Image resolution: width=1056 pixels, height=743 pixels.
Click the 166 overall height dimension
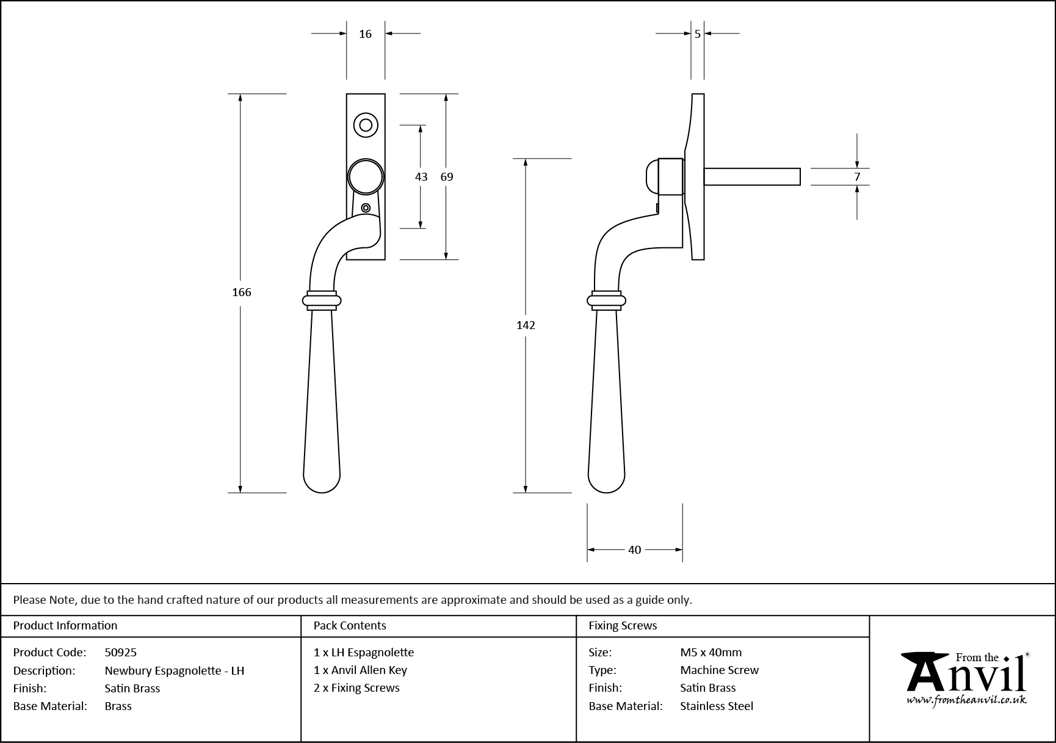click(242, 292)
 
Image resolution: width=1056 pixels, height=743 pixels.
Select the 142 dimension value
click(526, 325)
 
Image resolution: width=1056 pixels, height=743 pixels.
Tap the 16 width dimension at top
click(365, 34)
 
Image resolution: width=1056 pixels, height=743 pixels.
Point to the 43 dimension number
click(421, 177)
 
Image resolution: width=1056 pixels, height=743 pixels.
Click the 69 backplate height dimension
click(447, 177)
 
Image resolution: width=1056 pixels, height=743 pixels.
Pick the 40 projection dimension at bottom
click(635, 550)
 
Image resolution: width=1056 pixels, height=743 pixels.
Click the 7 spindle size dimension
click(857, 177)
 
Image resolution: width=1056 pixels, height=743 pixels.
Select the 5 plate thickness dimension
click(698, 34)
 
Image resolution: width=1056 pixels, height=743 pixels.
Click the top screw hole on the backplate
click(366, 125)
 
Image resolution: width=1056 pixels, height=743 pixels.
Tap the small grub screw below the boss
click(366, 208)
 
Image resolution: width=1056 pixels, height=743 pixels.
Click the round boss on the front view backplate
click(366, 177)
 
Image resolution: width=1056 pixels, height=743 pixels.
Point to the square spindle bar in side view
click(752, 176)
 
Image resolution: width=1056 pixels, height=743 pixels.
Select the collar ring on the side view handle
click(606, 300)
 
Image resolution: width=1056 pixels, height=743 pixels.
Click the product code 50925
click(121, 652)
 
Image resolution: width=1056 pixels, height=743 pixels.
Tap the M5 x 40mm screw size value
click(711, 652)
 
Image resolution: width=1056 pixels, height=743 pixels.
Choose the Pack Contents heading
click(350, 625)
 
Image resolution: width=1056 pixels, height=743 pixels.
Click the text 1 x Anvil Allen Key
click(360, 670)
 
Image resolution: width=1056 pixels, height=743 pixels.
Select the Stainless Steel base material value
click(717, 706)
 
